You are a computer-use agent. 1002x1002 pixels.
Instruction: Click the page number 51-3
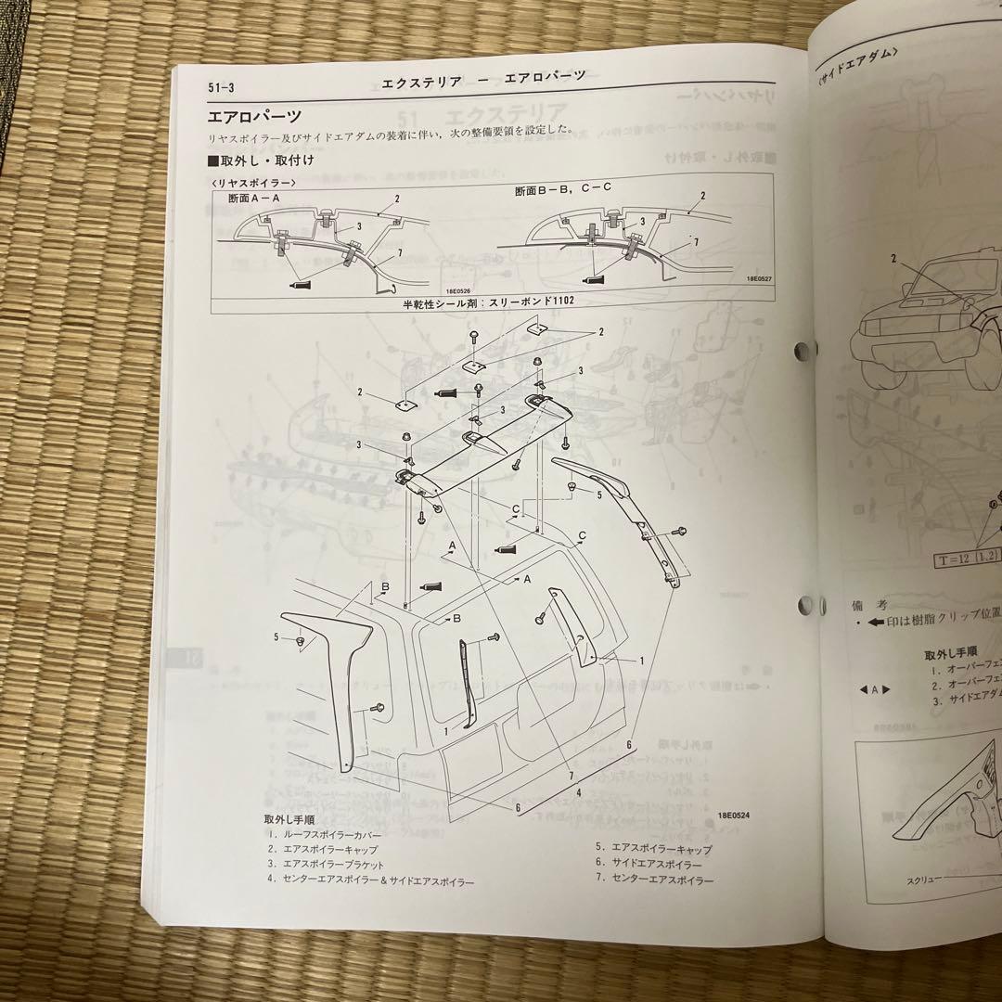pyautogui.click(x=224, y=87)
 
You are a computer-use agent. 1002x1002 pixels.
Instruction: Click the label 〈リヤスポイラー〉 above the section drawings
pyautogui.click(x=254, y=183)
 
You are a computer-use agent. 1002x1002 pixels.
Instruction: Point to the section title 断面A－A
pyautogui.click(x=261, y=198)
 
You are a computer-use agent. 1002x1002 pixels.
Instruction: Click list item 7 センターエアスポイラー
pyautogui.click(x=655, y=880)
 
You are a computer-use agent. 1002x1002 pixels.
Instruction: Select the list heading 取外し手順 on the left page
pyautogui.click(x=289, y=819)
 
